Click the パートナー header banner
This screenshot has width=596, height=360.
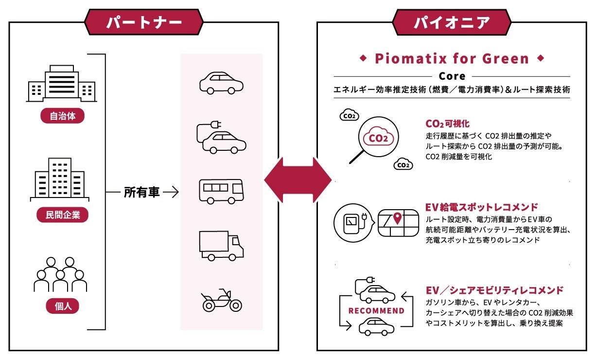pyautogui.click(x=144, y=22)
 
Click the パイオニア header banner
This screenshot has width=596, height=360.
pyautogui.click(x=452, y=22)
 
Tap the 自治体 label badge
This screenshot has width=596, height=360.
pyautogui.click(x=62, y=116)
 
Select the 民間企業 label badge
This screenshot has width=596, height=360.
pyautogui.click(x=62, y=215)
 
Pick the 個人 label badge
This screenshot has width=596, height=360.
pyautogui.click(x=62, y=306)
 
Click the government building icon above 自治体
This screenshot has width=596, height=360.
pyautogui.click(x=61, y=84)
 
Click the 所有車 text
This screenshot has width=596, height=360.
pyautogui.click(x=141, y=193)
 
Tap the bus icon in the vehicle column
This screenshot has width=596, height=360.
pyautogui.click(x=221, y=191)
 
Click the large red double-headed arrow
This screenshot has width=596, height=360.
pyautogui.click(x=298, y=180)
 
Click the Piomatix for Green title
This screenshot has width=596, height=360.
pyautogui.click(x=452, y=59)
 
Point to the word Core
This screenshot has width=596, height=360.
pyautogui.click(x=452, y=76)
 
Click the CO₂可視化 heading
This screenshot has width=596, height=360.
pyautogui.click(x=447, y=124)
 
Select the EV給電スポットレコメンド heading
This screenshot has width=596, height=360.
pyautogui.click(x=481, y=207)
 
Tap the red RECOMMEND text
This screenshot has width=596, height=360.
pyautogui.click(x=376, y=310)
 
